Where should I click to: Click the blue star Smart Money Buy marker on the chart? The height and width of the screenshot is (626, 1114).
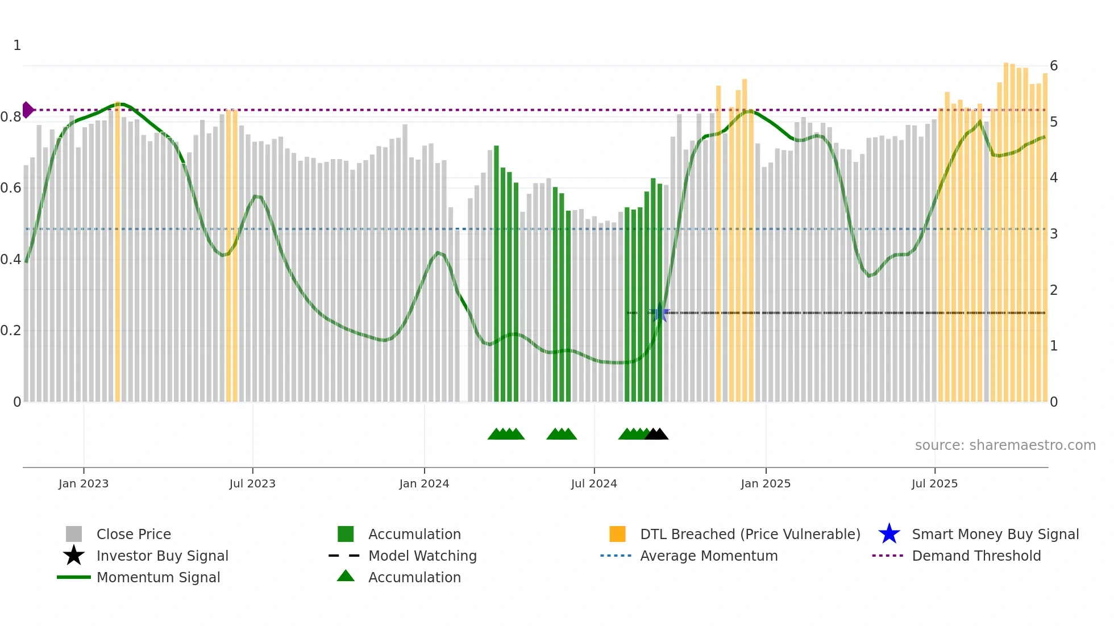tap(660, 312)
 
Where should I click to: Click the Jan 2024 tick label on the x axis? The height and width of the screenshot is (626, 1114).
tap(424, 483)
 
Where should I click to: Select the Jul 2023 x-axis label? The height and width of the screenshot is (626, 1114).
tap(252, 483)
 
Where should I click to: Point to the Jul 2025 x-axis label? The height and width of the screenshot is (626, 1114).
tap(934, 483)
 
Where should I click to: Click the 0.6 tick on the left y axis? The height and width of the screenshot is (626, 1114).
tap(11, 188)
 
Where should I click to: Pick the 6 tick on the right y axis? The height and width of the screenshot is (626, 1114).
tap(1053, 66)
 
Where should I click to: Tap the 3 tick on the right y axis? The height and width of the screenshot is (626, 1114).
tap(1053, 234)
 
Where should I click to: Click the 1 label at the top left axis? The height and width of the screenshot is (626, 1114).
tap(17, 45)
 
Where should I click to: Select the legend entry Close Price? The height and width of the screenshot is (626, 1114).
tap(134, 534)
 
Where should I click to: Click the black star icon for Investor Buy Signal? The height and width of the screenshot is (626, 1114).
tap(74, 556)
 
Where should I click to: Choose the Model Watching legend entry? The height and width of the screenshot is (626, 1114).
tap(422, 556)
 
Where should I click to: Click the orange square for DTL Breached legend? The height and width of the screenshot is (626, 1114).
tap(617, 534)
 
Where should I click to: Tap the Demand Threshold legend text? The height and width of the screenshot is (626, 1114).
tap(976, 556)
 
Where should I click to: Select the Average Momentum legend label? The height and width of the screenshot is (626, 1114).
tap(709, 556)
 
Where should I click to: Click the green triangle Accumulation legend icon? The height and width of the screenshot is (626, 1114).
tap(346, 576)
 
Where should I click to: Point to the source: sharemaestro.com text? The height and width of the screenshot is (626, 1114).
tap(1005, 445)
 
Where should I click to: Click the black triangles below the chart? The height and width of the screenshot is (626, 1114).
tap(656, 434)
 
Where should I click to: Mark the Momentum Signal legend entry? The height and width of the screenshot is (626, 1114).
tap(158, 577)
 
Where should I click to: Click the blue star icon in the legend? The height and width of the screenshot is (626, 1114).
tap(889, 534)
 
